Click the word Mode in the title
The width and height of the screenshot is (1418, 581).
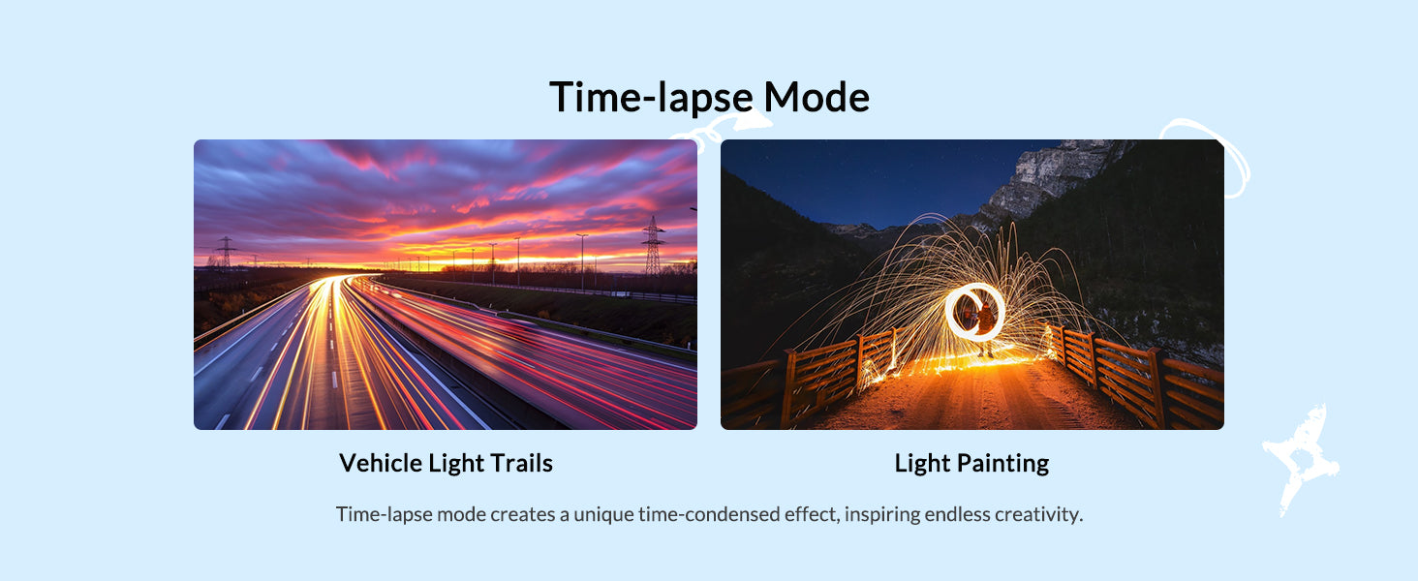[x=816, y=97]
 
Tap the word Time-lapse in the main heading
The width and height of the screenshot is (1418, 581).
[x=652, y=98]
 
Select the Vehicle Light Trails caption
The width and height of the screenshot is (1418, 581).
[x=446, y=463]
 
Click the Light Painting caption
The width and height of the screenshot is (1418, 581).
[x=971, y=463]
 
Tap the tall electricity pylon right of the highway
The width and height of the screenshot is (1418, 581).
[x=653, y=246]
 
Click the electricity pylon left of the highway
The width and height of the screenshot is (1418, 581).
[x=226, y=251]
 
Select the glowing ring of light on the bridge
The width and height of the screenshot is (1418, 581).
[x=974, y=312]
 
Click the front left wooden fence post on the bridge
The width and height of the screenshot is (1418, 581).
[x=788, y=388]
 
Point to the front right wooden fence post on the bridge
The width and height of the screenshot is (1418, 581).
[x=1157, y=387]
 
